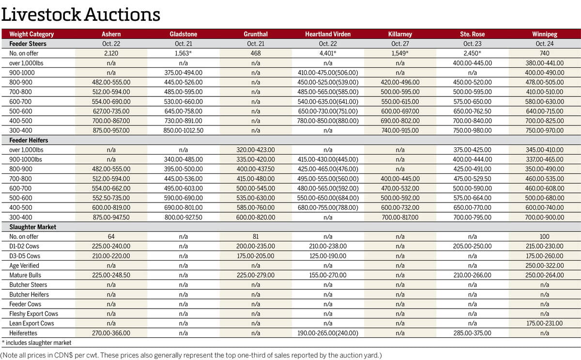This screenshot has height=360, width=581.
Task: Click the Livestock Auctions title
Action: pos(80,15)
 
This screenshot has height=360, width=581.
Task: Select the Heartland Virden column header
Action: pos(328,34)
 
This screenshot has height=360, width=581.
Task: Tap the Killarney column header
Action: pos(400,34)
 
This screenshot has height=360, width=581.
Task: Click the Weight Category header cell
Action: pos(32,34)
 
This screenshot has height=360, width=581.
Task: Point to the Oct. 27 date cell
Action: pos(400,44)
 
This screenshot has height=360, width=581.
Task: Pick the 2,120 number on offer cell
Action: pos(111,53)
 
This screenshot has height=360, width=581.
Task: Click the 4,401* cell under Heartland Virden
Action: pos(328,53)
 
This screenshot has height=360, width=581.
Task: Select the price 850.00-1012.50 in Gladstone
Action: pos(183,130)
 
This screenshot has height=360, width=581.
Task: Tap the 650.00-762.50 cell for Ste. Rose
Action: pos(472,111)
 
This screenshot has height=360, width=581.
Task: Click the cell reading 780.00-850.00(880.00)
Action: pos(328,121)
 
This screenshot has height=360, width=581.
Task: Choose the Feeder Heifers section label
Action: pos(29,140)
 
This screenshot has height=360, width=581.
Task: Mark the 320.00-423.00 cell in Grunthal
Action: pos(256,150)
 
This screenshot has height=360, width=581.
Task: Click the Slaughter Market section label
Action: pos(33,227)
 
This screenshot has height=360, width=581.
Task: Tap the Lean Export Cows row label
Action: pos(32,323)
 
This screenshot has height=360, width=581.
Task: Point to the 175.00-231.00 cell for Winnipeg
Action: pos(544,323)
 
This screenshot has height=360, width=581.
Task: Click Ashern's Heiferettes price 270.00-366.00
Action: pos(111,333)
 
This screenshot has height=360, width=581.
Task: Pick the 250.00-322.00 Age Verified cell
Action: pos(544,266)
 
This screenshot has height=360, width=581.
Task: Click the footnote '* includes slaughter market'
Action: pos(36,343)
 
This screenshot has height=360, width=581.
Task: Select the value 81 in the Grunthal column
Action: pos(256,236)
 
